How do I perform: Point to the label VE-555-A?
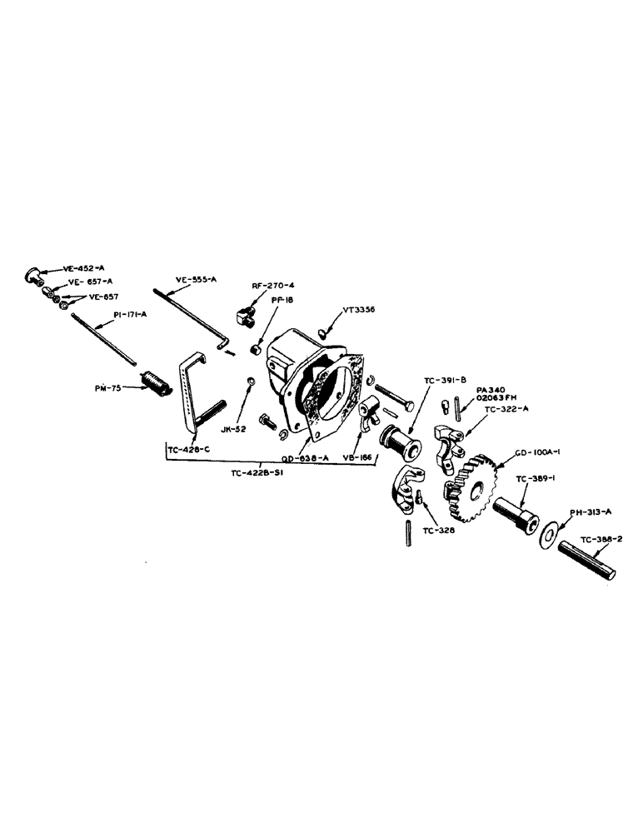pos(196,280)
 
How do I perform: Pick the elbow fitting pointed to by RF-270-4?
pos(243,315)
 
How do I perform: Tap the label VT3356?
pos(359,309)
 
